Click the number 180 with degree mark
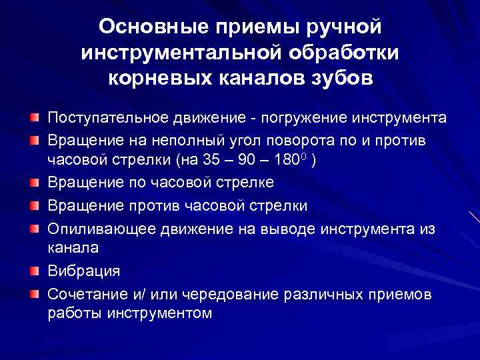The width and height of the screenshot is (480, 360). coord(285,161)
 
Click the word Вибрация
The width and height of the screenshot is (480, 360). coord(83,271)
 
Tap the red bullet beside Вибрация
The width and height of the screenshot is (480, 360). coord(33,271)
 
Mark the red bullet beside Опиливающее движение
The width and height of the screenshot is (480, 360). coord(33,227)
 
